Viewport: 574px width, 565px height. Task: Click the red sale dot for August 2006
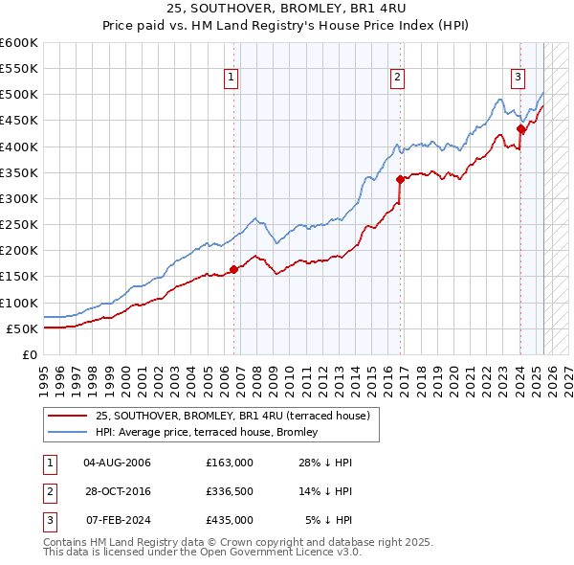click(234, 269)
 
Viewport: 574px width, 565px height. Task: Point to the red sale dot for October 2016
click(399, 179)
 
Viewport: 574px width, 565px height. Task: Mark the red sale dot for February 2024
click(520, 128)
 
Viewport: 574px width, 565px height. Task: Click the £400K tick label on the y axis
click(18, 147)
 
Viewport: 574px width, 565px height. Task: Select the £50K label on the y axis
click(22, 328)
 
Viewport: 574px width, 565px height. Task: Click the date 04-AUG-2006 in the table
click(118, 463)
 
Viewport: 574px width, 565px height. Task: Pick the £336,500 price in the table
click(230, 491)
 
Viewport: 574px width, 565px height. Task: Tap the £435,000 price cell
click(230, 520)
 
